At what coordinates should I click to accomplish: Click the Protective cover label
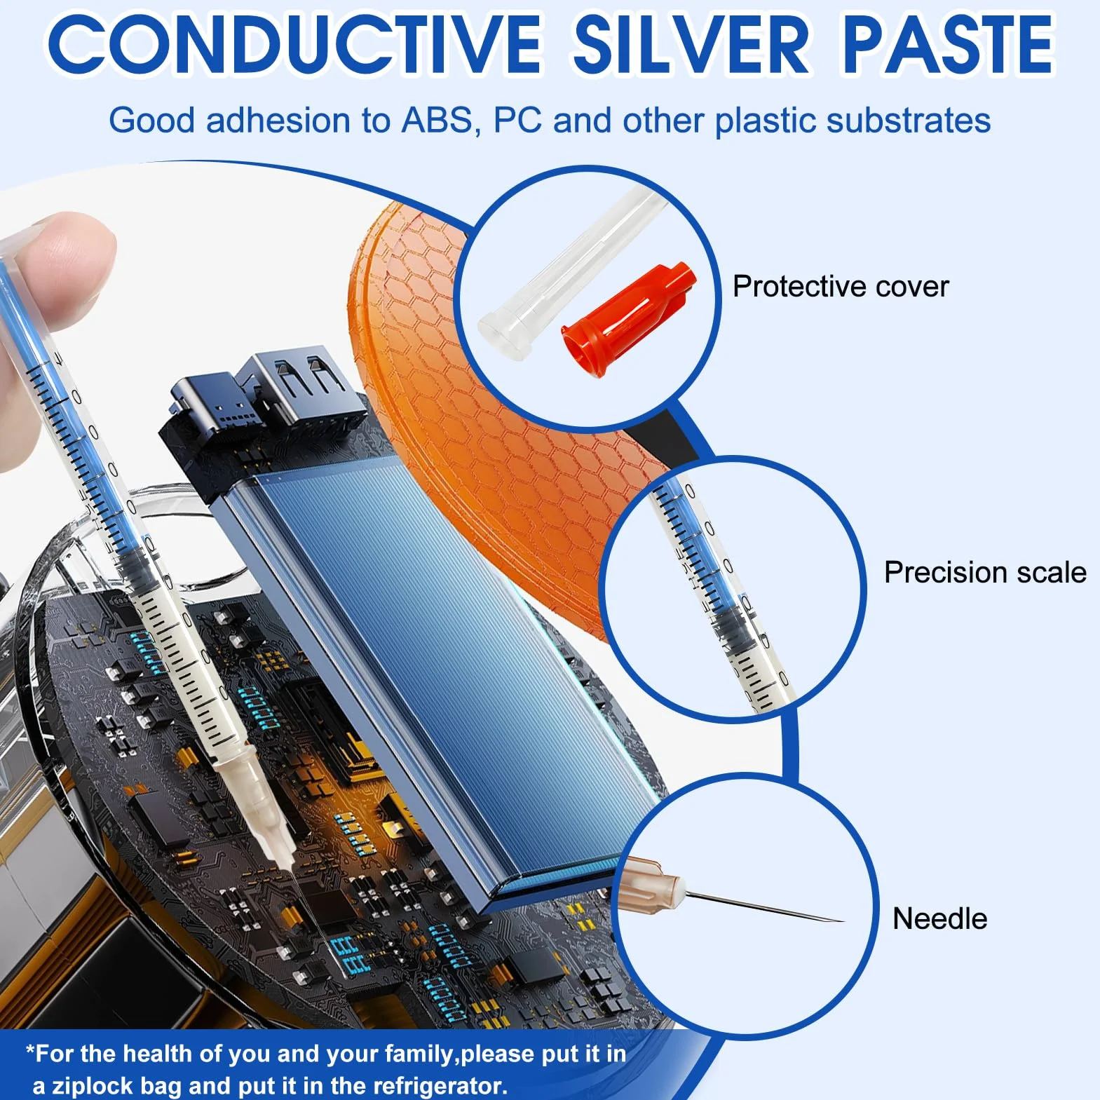click(x=840, y=287)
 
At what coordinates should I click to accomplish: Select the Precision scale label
click(x=985, y=573)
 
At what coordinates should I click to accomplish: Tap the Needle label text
click(x=939, y=918)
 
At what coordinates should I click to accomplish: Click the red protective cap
click(x=627, y=320)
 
